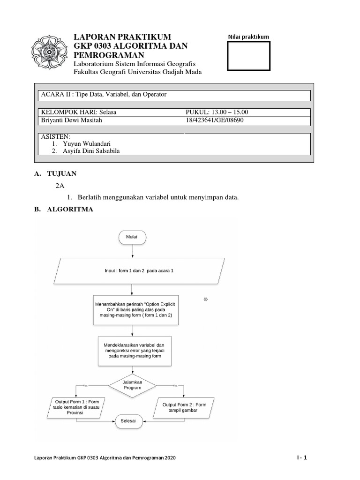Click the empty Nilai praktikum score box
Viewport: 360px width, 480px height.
[248, 56]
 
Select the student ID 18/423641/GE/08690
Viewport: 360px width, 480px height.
[215, 120]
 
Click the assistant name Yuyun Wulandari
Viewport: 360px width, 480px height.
[89, 143]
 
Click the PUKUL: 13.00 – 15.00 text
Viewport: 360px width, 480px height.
[217, 112]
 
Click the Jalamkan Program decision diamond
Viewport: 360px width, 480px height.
[132, 385]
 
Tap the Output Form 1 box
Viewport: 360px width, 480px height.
[77, 407]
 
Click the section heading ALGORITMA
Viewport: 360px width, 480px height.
[70, 210]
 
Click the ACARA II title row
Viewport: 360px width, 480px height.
[173, 95]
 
